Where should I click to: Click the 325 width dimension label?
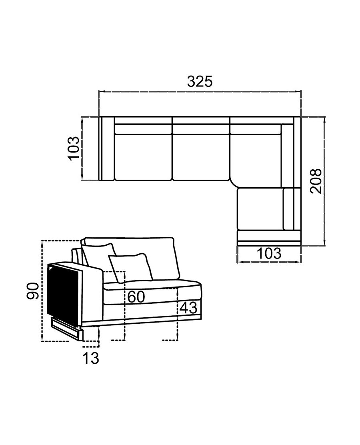pos(200,82)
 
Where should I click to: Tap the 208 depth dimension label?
pos(316,181)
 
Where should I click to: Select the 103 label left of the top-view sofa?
pos(73,148)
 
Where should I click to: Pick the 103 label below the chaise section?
pos(269,253)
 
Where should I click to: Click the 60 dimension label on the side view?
pos(136,297)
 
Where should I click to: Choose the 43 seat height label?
pos(189,308)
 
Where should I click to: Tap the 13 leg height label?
pos(91,358)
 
